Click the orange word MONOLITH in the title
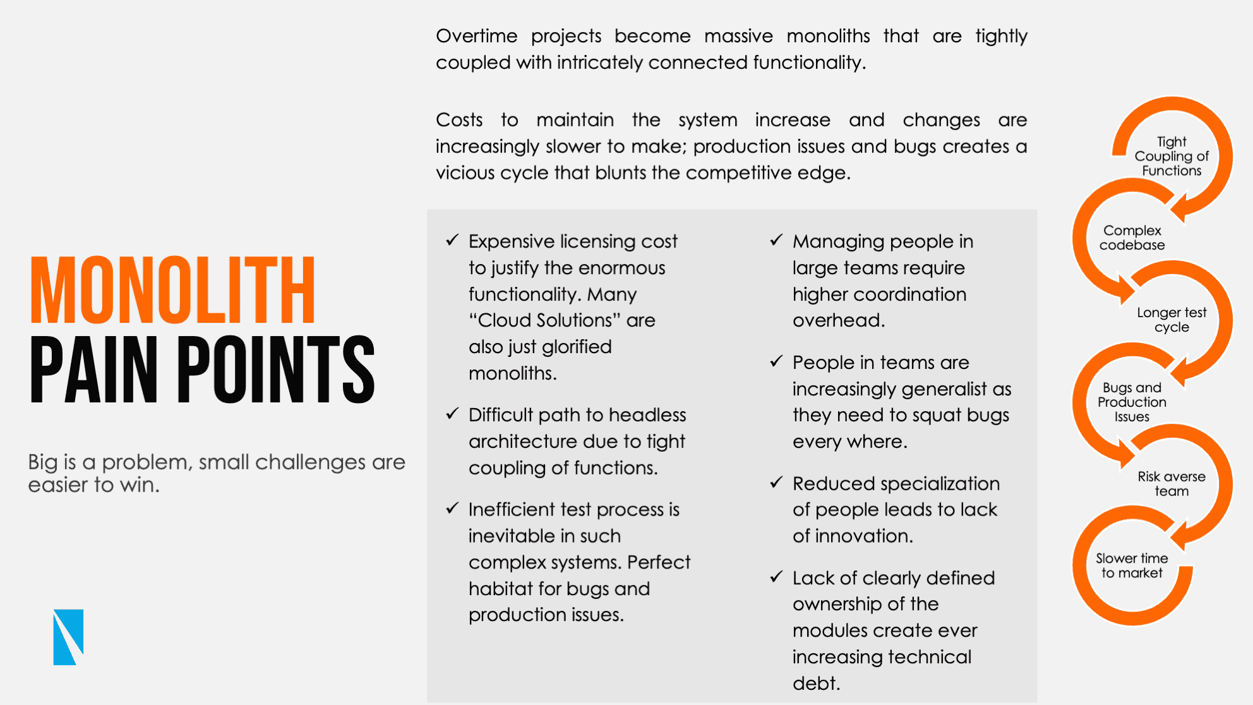click(172, 291)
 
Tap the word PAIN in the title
click(93, 370)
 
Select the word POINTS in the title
click(276, 370)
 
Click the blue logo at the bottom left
click(68, 637)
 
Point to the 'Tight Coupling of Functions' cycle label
click(1172, 156)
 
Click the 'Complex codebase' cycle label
click(1132, 238)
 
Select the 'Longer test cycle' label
click(1172, 320)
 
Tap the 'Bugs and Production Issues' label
click(1132, 402)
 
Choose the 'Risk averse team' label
click(1172, 483)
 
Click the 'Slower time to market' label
click(1132, 565)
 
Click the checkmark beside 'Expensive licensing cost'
click(452, 240)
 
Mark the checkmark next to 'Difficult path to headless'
click(452, 414)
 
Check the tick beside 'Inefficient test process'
click(452, 509)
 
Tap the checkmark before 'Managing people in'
click(777, 240)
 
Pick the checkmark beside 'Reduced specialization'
click(777, 483)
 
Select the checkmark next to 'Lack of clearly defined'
click(777, 577)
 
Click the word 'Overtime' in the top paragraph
click(477, 36)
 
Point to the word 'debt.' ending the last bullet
click(817, 683)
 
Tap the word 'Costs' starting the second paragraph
click(459, 120)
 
